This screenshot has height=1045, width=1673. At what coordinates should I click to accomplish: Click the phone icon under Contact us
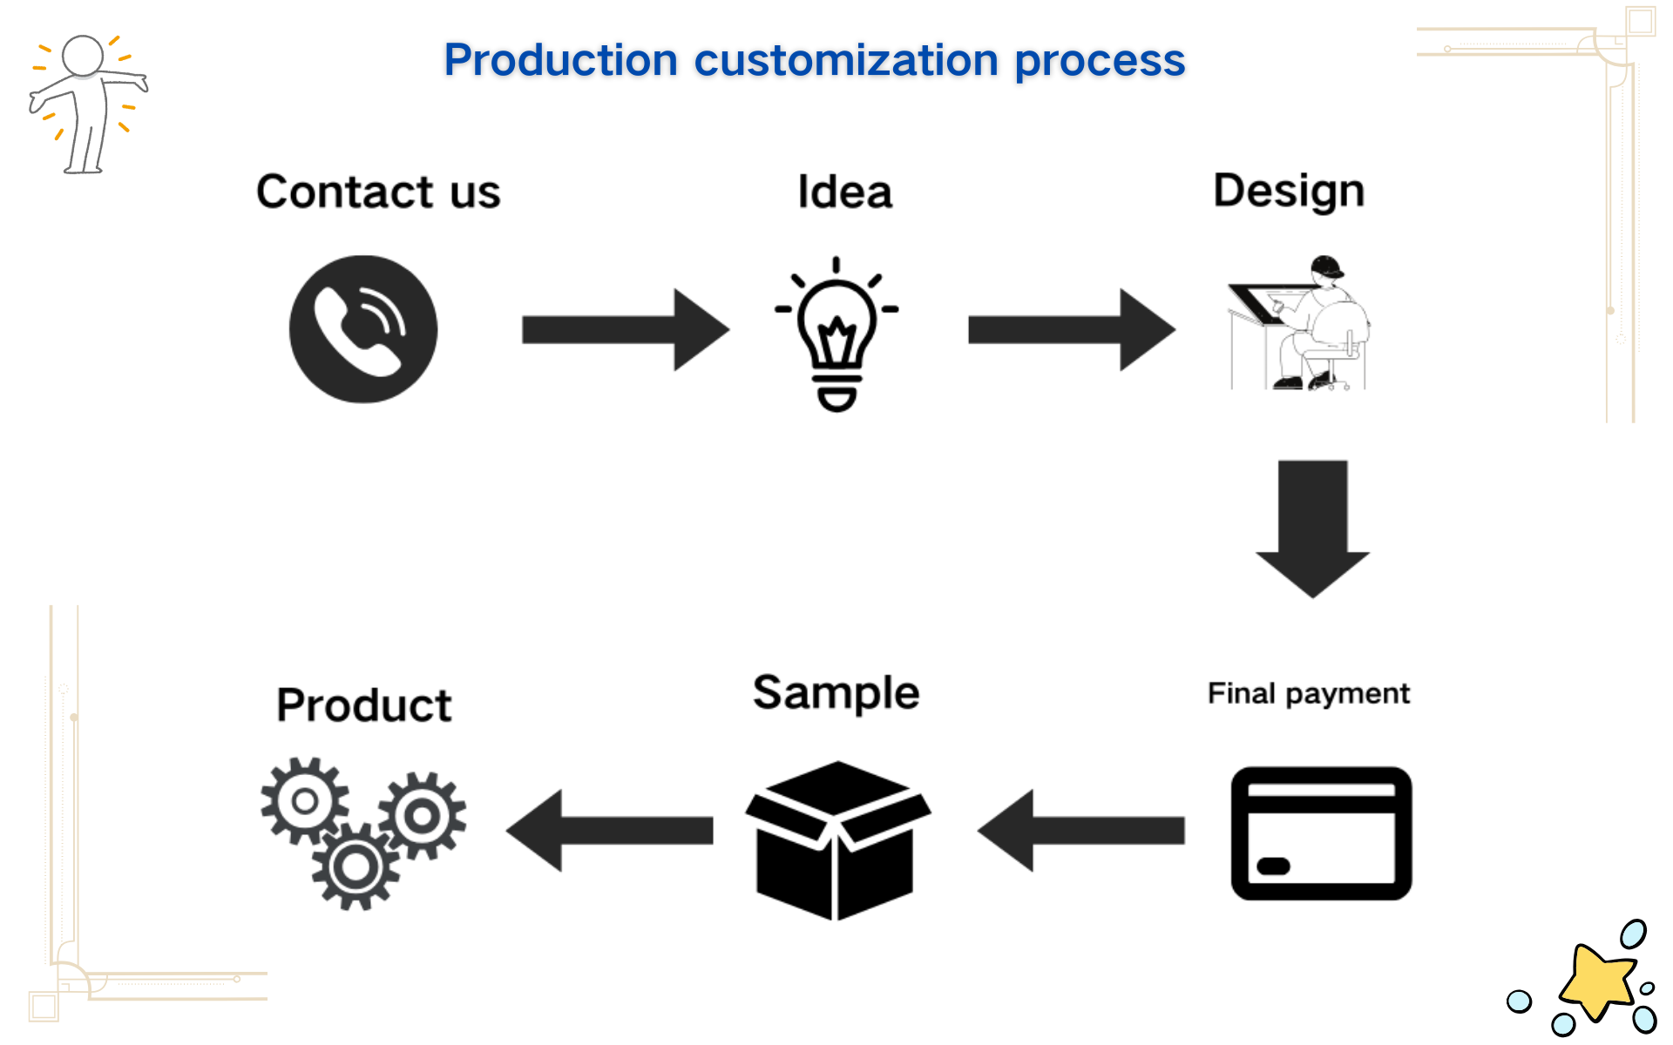coord(363,329)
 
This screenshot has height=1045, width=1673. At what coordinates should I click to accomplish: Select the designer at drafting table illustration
coord(1298,322)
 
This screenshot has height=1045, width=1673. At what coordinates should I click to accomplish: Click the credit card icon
coord(1321,833)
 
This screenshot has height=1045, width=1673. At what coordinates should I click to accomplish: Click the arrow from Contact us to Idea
coord(626,330)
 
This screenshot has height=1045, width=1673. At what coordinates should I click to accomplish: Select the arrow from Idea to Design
coord(1072,330)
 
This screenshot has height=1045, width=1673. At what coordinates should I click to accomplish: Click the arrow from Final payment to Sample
coord(1080,830)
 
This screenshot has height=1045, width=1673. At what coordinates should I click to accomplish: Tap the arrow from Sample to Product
coord(609,830)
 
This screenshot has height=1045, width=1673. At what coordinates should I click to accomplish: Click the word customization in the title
coord(846,60)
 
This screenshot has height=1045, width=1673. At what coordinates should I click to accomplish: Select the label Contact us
coord(378,192)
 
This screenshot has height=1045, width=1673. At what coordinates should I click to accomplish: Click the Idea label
coord(844,192)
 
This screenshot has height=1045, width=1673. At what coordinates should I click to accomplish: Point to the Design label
coord(1289,192)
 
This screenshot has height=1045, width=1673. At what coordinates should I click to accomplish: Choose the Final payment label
coord(1308,694)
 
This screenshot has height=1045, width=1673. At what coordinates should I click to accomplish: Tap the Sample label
coord(836,693)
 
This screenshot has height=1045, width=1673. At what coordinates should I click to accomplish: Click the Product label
coord(364,705)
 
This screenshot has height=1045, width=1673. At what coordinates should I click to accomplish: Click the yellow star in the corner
coord(1597,981)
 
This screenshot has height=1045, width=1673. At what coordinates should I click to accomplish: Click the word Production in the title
coord(560,60)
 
